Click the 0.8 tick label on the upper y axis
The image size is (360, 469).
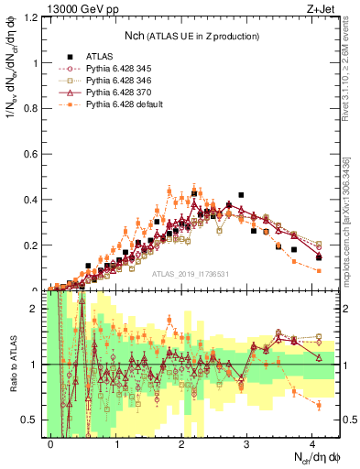pos(35,109)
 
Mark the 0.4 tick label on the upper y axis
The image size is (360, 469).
pos(35,200)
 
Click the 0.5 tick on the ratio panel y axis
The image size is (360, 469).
pos(35,420)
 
